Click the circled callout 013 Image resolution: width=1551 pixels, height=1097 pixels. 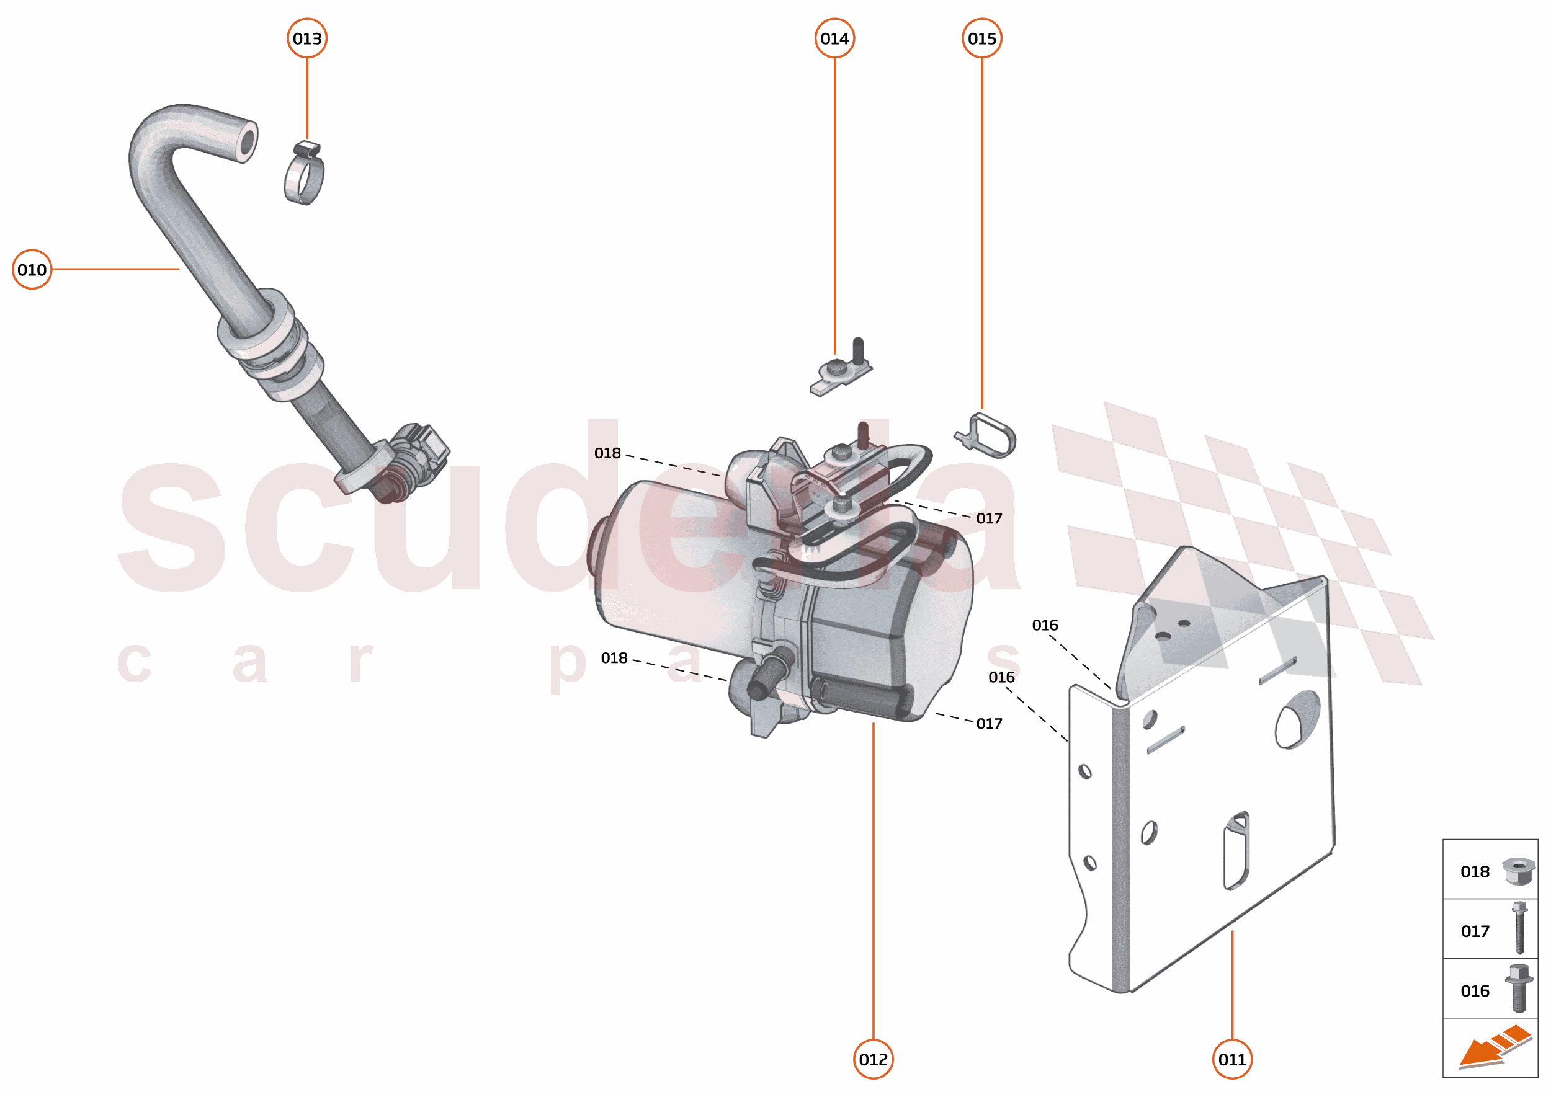tap(307, 38)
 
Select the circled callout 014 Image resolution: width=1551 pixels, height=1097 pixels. tap(834, 38)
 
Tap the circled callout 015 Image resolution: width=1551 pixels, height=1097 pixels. tap(981, 38)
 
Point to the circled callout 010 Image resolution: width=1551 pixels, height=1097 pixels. tap(32, 270)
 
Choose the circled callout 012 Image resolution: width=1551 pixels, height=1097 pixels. tap(872, 1059)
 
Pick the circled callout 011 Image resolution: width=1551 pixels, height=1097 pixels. tap(1231, 1059)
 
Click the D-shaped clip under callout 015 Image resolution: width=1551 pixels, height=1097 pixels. tap(991, 436)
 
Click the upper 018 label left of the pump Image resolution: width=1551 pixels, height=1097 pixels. tap(607, 453)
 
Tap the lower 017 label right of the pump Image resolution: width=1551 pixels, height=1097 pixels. tap(988, 724)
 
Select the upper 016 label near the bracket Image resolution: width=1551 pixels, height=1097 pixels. tap(1044, 625)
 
